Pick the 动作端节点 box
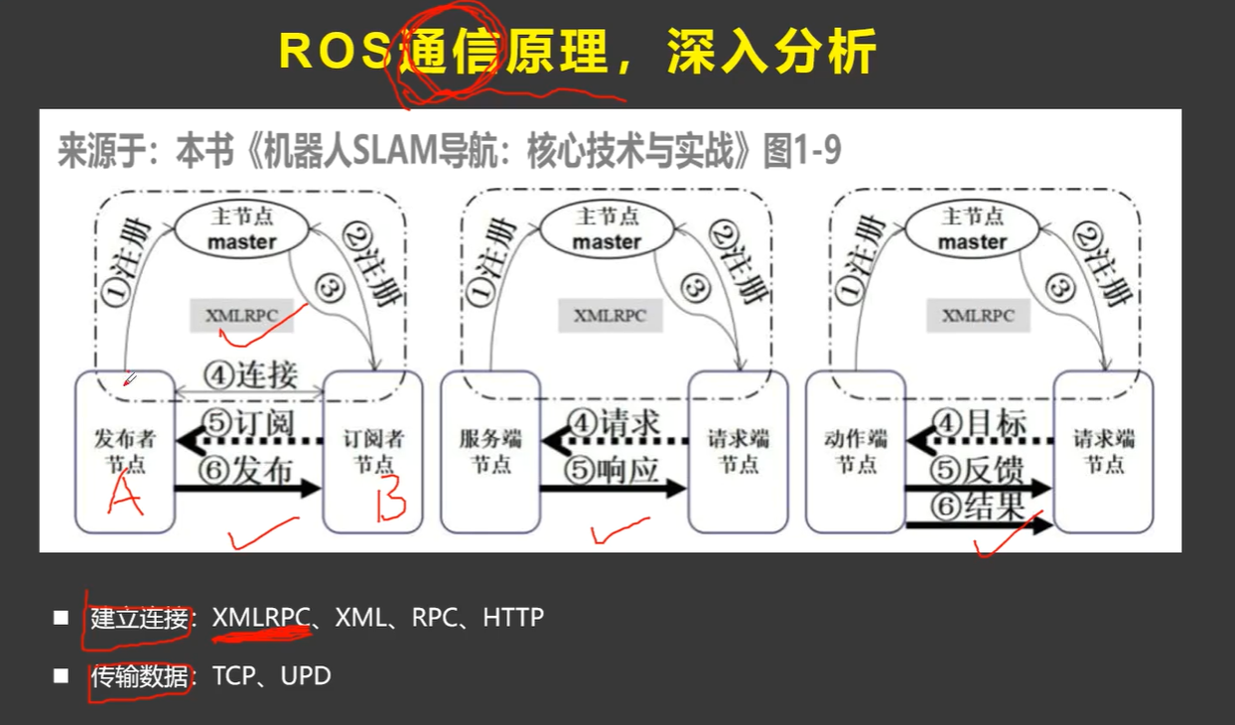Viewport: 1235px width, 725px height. coord(855,452)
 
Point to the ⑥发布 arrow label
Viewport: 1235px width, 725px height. coord(249,469)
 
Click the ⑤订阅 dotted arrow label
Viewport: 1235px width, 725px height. coord(249,421)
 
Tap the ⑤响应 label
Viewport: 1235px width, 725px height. coord(614,469)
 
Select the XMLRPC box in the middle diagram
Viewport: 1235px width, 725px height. coord(610,317)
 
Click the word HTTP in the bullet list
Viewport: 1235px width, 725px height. coord(513,618)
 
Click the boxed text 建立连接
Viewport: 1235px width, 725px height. coord(139,618)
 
